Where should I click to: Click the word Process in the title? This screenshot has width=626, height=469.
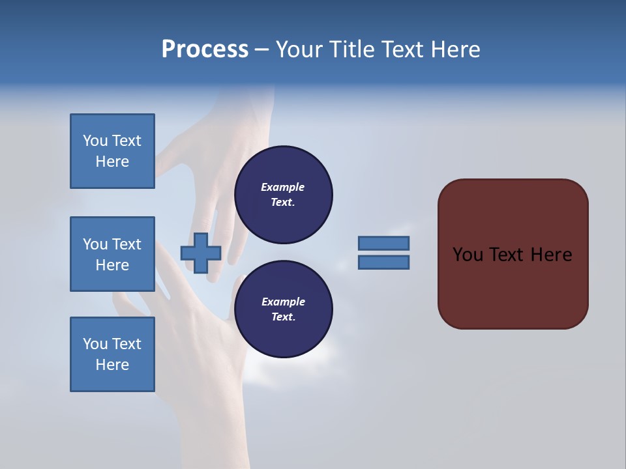pos(205,50)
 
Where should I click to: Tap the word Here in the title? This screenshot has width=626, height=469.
pos(455,50)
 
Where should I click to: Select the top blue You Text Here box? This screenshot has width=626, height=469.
pos(112,151)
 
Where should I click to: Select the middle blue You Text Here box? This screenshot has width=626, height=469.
pos(112,254)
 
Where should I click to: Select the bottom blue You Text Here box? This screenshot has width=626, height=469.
pos(112,354)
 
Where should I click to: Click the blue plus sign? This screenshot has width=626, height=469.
pos(201,253)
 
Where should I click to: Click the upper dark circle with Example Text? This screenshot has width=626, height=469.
pos(283,195)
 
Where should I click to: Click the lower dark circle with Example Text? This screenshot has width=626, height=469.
pos(283,309)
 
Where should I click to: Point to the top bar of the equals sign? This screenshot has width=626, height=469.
pos(383,243)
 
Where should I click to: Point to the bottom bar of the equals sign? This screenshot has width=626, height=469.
pos(383,263)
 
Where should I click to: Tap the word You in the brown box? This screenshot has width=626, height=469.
pos(468,255)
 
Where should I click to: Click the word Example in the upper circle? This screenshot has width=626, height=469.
pos(282,187)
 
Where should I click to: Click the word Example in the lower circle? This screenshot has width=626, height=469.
pos(282,302)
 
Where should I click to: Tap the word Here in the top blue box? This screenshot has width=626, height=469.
pos(112,162)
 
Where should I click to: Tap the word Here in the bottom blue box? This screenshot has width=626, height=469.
pos(112,365)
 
